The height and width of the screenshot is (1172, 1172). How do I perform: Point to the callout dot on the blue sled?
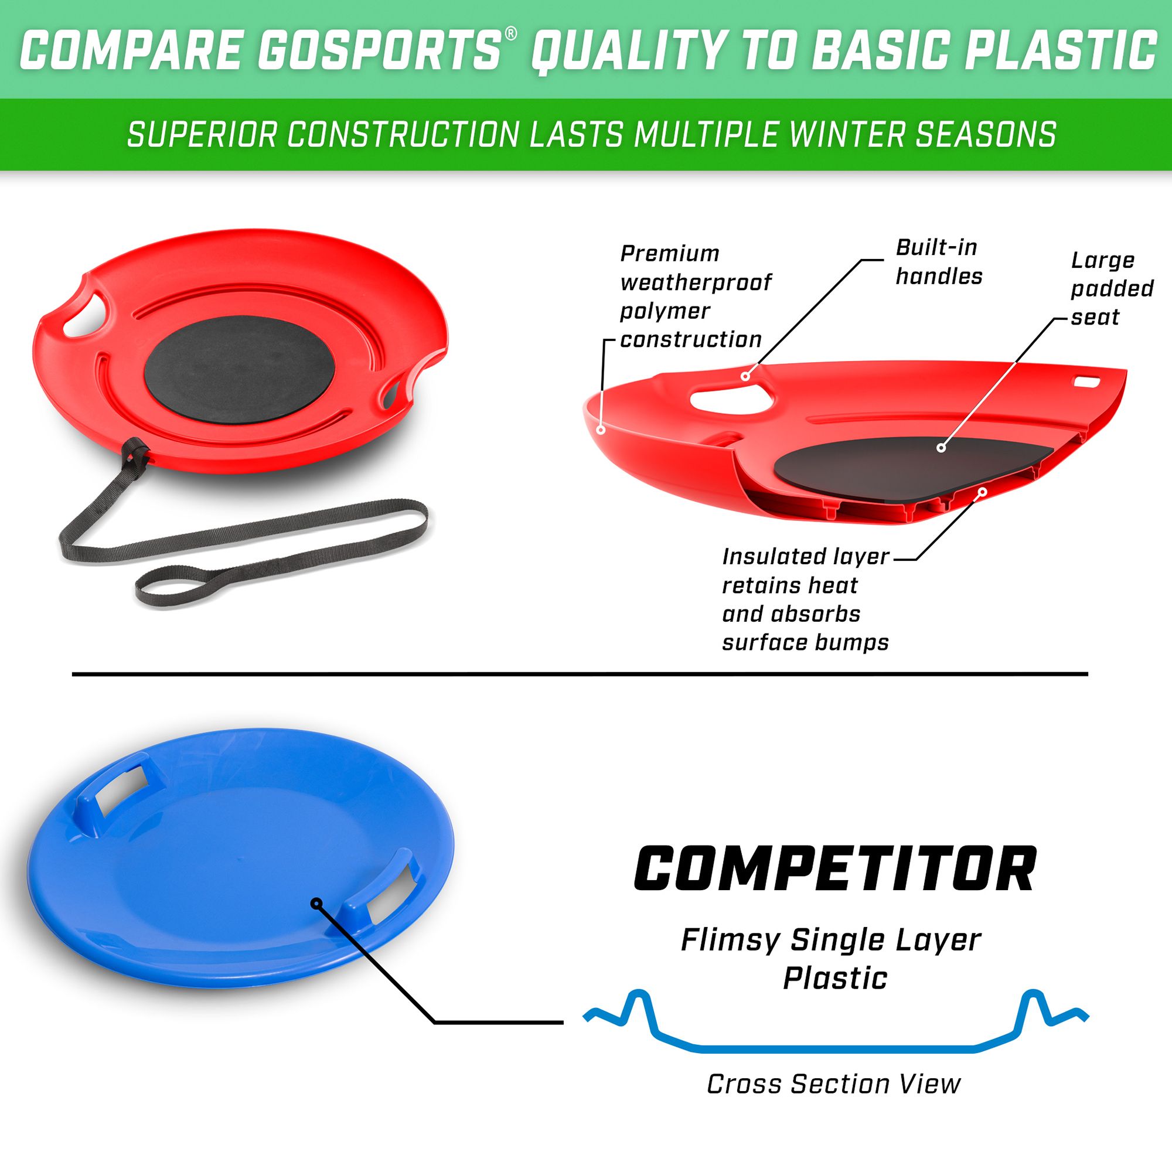(315, 903)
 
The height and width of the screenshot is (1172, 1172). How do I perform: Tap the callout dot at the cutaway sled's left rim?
(601, 430)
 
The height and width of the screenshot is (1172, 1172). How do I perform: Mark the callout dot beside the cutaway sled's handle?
(745, 376)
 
